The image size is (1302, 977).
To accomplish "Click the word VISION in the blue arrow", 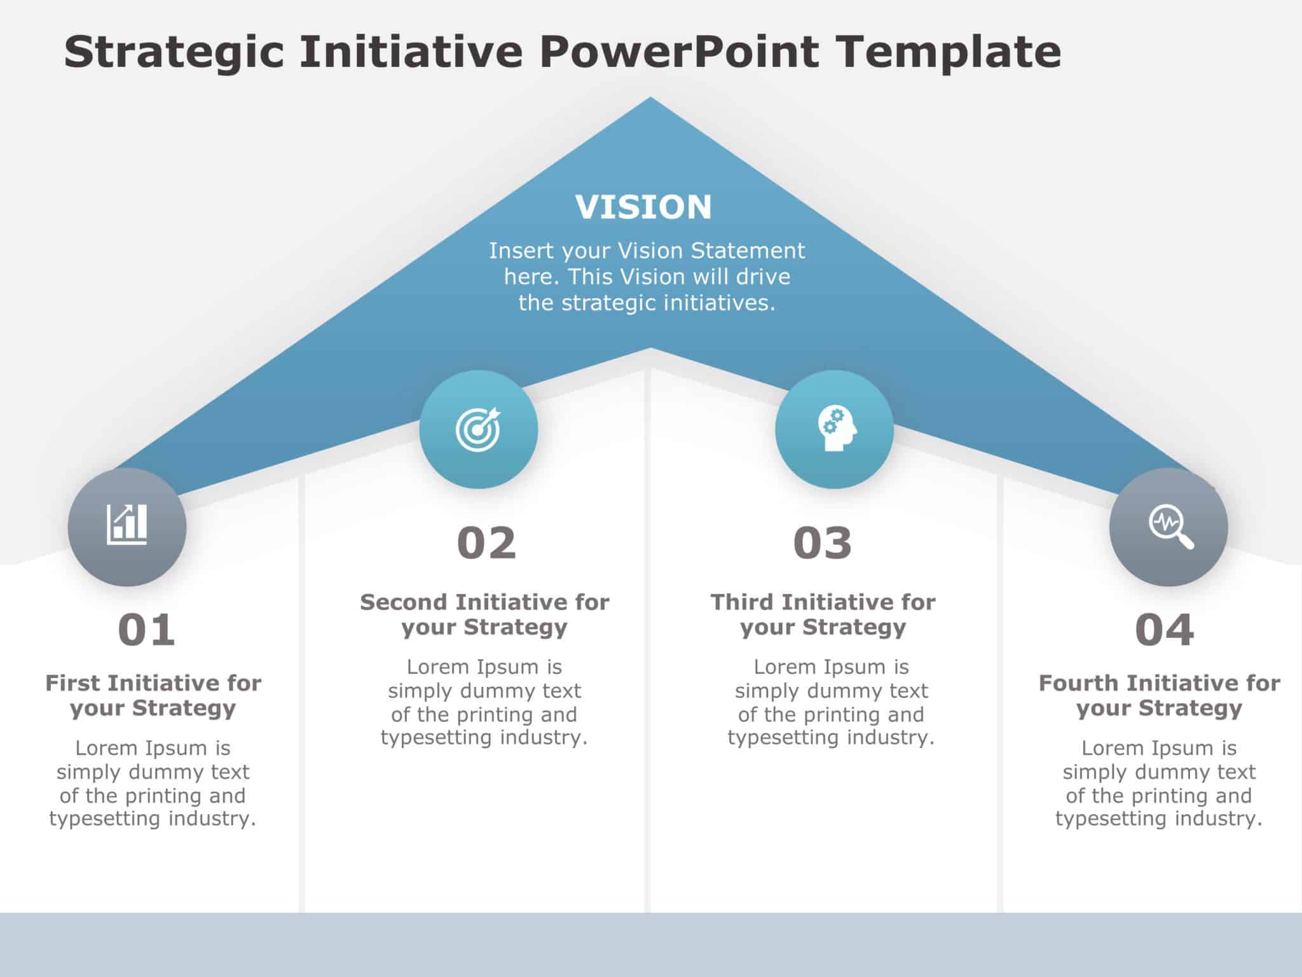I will (x=643, y=207).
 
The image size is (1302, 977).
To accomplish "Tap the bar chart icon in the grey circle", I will (x=127, y=525).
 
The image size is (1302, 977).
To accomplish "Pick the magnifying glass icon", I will (x=1170, y=527).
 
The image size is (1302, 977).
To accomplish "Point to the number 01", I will (x=146, y=630).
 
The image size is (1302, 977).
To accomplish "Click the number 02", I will (x=486, y=543).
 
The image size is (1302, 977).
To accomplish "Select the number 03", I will (x=822, y=543).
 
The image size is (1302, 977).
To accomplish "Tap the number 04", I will (x=1164, y=630).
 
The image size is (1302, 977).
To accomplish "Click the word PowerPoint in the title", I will (x=680, y=52).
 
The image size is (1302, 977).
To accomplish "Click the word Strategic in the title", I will (x=174, y=53).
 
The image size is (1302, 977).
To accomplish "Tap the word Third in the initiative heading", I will (x=742, y=602).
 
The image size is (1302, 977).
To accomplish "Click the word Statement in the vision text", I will (x=748, y=251).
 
